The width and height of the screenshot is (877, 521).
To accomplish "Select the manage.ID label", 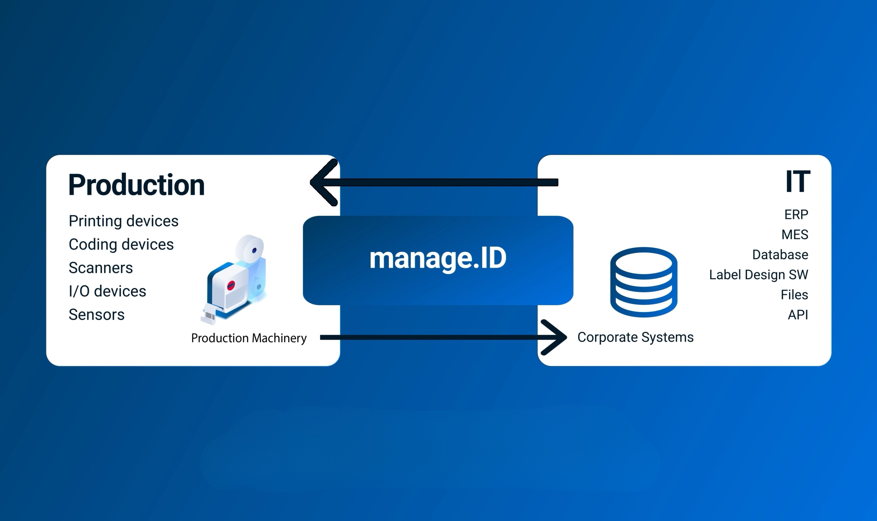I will pos(438,259).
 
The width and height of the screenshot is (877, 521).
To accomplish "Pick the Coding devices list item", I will pos(121,244).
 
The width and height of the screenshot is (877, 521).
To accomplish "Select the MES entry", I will pos(794,234).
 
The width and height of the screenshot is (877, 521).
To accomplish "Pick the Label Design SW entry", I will pos(758,275).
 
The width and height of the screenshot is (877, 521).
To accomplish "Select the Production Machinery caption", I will pos(249,338).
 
